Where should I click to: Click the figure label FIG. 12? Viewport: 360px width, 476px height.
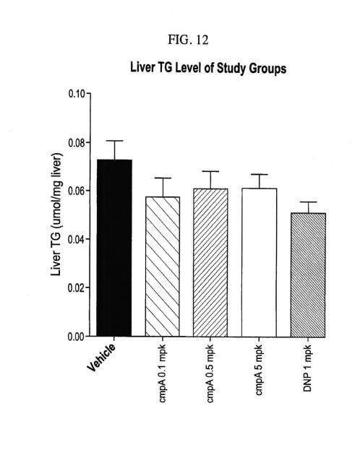tap(188, 40)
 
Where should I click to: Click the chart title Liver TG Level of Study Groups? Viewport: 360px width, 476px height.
tap(208, 68)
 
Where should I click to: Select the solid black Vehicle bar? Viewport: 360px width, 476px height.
tap(114, 248)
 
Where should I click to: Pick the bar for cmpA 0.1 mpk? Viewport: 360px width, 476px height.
tap(163, 267)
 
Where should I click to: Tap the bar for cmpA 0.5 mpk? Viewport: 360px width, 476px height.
tap(210, 263)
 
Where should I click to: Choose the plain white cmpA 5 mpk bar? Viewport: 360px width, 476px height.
tap(259, 262)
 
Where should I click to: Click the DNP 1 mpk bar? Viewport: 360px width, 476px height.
tap(308, 275)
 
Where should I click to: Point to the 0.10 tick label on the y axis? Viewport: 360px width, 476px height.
tap(77, 94)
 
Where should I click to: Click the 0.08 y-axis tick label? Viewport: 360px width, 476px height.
tap(77, 142)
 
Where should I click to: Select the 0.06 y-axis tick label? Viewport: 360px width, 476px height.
tap(77, 191)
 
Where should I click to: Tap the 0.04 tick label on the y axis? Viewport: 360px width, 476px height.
tap(77, 239)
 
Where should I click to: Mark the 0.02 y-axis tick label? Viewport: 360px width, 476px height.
tap(77, 287)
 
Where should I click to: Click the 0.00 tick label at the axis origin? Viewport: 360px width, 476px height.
tap(77, 337)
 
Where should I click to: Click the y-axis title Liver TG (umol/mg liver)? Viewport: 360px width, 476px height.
tap(56, 215)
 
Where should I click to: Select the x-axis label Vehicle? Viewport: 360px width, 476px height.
tap(101, 358)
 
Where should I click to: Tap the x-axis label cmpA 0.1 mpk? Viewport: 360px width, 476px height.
tap(163, 373)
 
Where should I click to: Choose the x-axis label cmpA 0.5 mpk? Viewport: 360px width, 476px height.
tap(210, 373)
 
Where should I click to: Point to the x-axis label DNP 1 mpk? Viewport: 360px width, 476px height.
tap(307, 368)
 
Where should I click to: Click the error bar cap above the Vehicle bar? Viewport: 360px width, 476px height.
tap(114, 141)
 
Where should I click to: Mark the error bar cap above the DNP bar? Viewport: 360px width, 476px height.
tap(309, 202)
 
